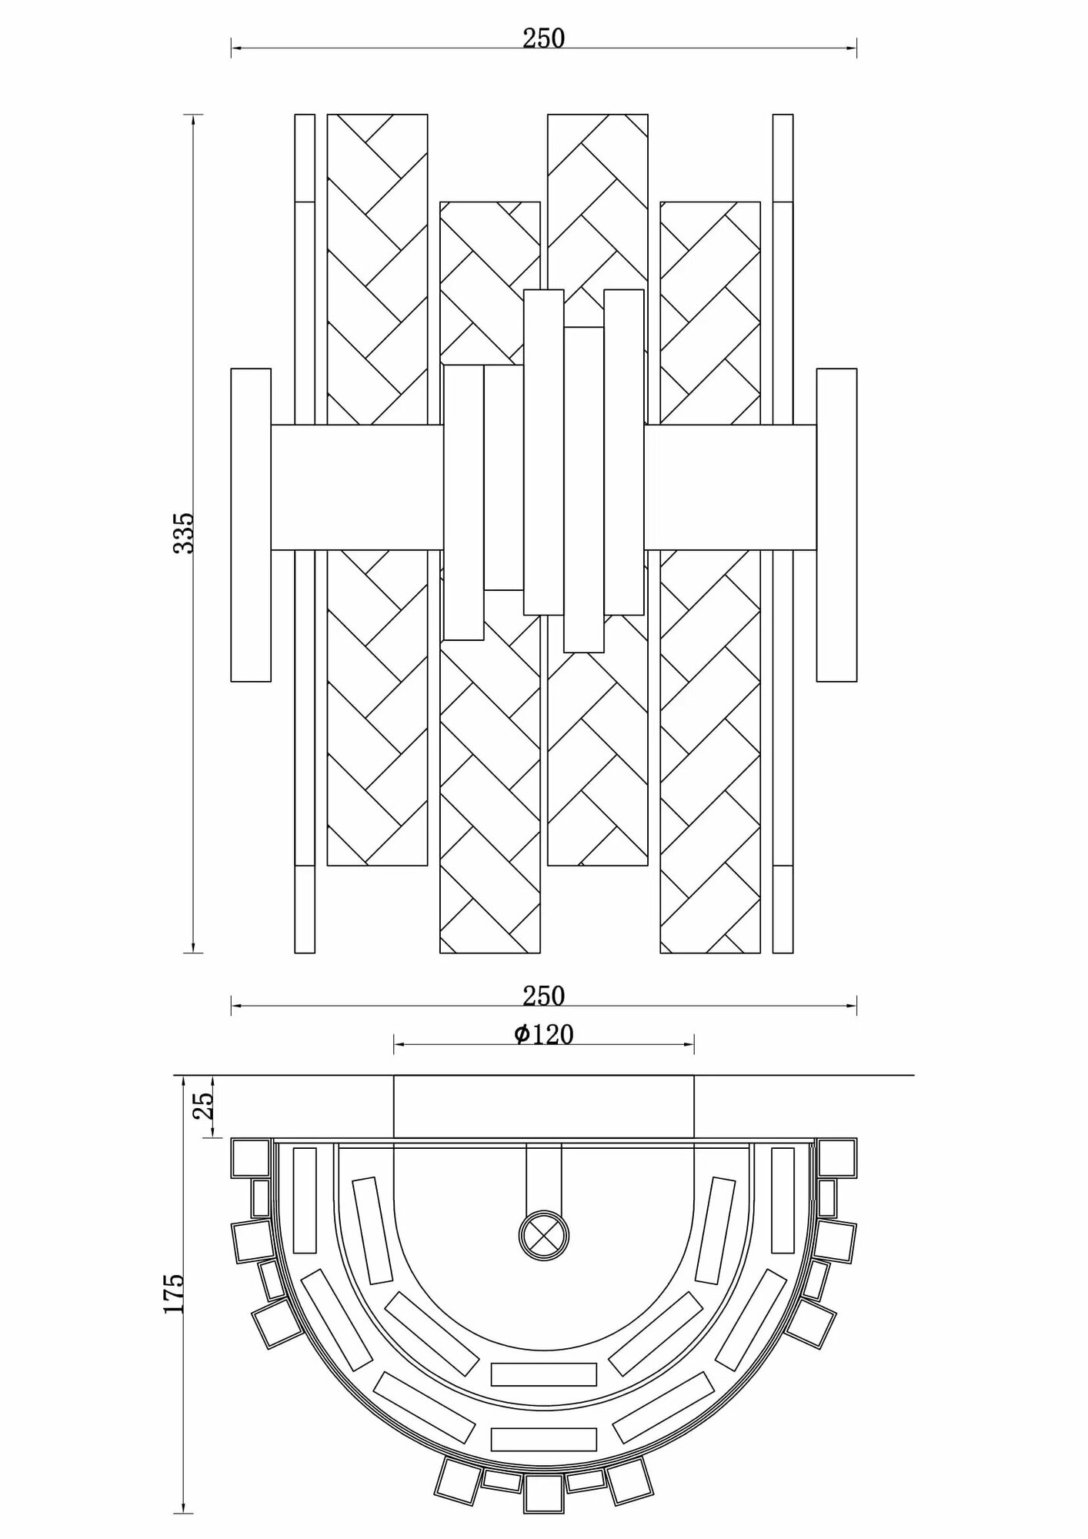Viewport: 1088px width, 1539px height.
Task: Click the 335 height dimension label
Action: pos(184,532)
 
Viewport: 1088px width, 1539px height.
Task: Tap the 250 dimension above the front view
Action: pos(543,38)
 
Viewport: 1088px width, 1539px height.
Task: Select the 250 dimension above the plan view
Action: pos(543,996)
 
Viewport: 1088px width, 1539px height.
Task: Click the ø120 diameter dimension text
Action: pos(544,1035)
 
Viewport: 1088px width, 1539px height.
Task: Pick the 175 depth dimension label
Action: pos(174,1293)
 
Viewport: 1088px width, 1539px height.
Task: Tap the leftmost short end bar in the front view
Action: pos(251,525)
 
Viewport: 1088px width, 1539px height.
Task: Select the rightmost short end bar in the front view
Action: pos(836,525)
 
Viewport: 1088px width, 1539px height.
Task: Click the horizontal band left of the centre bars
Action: pos(357,487)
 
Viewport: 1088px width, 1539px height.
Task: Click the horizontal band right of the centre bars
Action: pos(729,487)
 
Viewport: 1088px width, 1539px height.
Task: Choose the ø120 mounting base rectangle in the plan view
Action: pos(543,1106)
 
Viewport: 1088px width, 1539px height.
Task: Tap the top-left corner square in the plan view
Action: pos(251,1158)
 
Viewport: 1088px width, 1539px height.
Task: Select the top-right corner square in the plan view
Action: pos(837,1158)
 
